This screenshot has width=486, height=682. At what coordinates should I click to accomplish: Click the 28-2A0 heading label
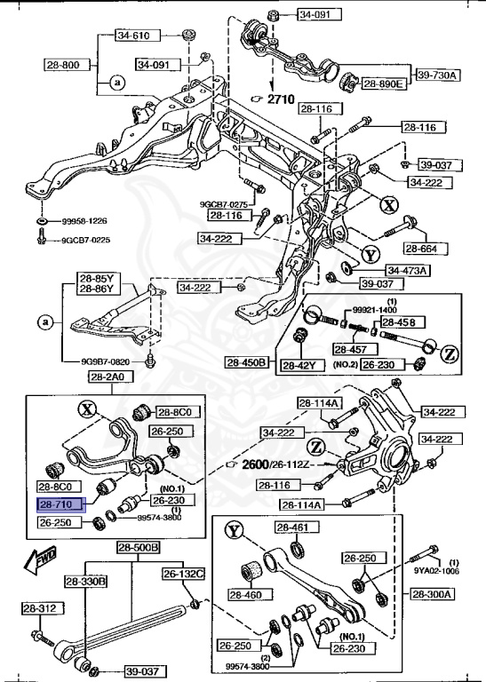pyautogui.click(x=109, y=377)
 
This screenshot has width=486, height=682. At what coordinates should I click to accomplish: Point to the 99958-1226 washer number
pyautogui.click(x=85, y=221)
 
